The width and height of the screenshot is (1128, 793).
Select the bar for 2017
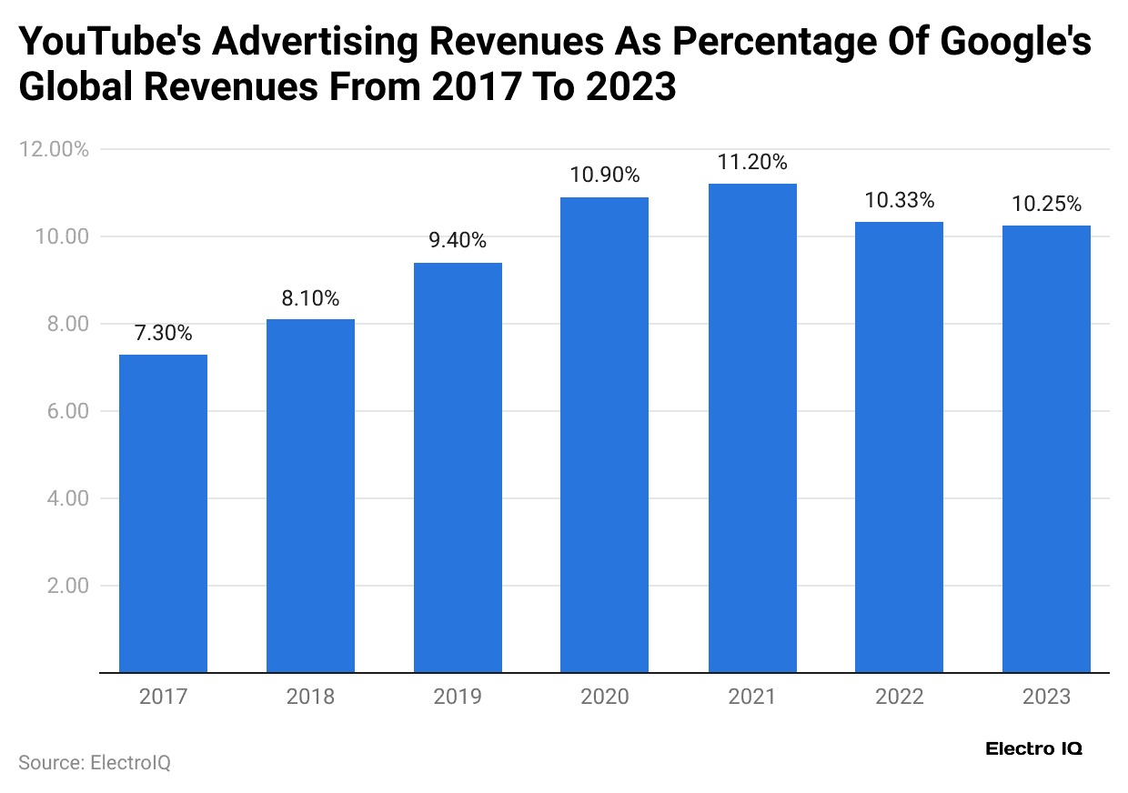click(x=163, y=514)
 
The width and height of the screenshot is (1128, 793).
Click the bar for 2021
click(x=752, y=428)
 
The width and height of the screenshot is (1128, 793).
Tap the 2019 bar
click(x=458, y=467)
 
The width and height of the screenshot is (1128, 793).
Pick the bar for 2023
click(x=1046, y=449)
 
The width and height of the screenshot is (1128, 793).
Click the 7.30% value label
click(x=163, y=334)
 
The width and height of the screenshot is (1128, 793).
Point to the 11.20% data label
click(x=752, y=163)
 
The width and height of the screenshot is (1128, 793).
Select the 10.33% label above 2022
click(x=899, y=201)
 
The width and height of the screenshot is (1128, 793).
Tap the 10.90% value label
click(x=605, y=176)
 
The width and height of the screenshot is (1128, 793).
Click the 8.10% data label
click(x=310, y=298)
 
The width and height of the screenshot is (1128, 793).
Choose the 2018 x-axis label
click(x=310, y=698)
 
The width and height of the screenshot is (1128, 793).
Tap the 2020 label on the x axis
click(x=605, y=698)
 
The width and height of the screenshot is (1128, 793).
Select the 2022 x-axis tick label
click(x=899, y=698)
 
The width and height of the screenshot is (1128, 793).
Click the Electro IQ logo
click(x=1033, y=749)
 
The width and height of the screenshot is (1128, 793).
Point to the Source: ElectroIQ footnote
click(x=95, y=763)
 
